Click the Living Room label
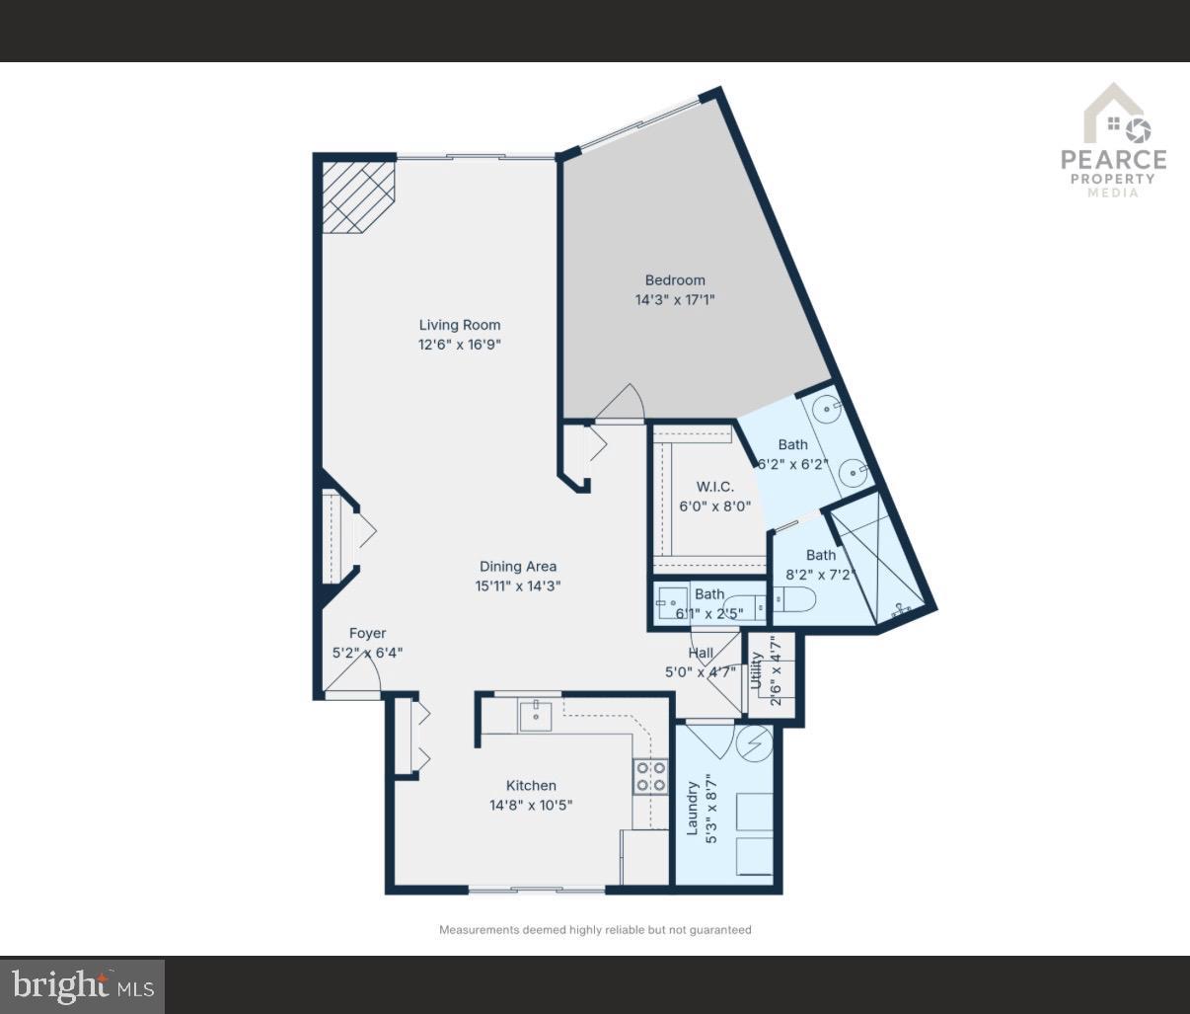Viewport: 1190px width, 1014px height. (460, 325)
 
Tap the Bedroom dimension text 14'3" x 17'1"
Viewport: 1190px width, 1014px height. (675, 299)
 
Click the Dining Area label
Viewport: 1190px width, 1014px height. (518, 567)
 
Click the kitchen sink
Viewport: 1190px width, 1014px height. (536, 714)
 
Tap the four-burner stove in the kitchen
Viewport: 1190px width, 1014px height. (649, 776)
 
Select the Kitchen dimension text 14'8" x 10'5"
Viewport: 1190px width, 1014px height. (531, 805)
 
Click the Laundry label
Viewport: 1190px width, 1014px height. (693, 807)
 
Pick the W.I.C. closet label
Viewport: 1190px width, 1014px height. (715, 487)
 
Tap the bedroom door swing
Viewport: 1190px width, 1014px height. (622, 403)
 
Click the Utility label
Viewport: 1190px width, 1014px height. (756, 671)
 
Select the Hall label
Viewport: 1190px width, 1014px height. (701, 653)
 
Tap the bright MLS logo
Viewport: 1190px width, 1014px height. (83, 985)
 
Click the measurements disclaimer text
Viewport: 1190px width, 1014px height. (595, 930)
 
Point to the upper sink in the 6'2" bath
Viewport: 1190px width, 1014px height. (826, 407)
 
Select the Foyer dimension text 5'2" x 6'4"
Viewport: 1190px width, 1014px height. (367, 653)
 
